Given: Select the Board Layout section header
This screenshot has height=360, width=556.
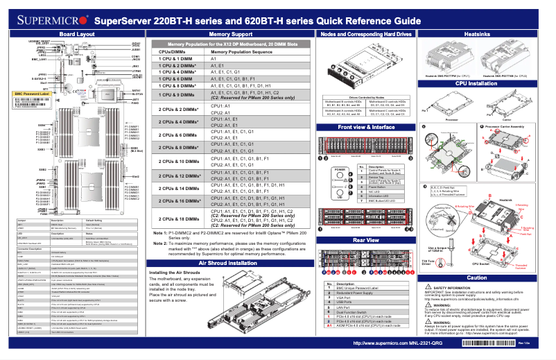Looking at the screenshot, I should click(78, 33).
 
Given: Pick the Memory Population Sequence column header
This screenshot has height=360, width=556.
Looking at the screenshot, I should click(241, 52).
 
